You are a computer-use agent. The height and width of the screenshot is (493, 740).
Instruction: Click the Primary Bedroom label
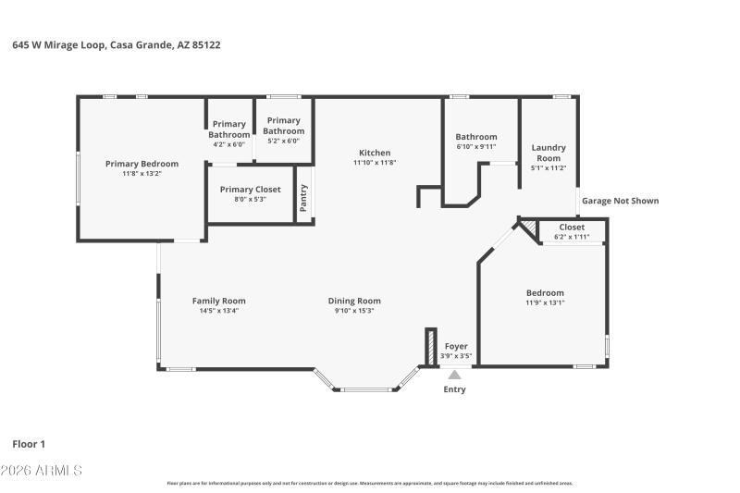[142, 164]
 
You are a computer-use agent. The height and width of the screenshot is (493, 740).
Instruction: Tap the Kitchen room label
[375, 153]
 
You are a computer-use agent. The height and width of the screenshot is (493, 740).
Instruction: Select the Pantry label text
[303, 197]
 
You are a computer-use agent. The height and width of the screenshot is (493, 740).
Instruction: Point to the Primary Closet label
[250, 190]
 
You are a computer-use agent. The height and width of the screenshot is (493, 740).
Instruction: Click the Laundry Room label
[548, 153]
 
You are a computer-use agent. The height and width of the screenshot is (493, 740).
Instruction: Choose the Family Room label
[218, 301]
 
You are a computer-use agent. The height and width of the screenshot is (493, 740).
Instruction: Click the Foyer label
[456, 346]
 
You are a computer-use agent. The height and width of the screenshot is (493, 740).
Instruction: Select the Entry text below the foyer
[454, 389]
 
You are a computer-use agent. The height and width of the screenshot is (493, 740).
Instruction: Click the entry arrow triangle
[453, 375]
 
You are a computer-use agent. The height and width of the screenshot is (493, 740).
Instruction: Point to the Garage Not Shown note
[620, 201]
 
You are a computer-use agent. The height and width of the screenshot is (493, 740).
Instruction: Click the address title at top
[117, 44]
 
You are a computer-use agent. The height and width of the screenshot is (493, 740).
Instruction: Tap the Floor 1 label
[29, 444]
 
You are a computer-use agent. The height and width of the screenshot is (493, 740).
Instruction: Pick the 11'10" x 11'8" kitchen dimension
[375, 163]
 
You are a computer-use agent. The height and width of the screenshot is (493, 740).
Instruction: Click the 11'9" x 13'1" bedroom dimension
[545, 302]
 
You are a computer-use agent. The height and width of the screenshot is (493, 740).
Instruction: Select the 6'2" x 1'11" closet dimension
[571, 237]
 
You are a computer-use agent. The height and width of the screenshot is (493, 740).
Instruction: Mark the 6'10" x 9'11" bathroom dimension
[476, 146]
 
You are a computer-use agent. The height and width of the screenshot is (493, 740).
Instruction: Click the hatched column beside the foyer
[430, 347]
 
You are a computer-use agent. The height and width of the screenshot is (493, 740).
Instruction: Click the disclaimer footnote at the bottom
[370, 483]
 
